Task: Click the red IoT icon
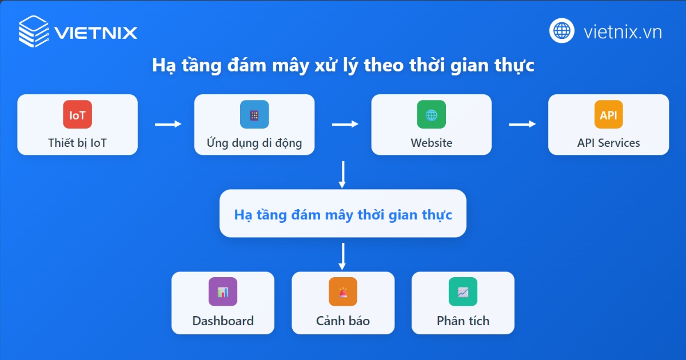(77, 114)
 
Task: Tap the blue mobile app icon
(254, 114)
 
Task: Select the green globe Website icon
(431, 114)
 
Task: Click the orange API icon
(608, 114)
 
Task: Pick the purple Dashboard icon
(223, 291)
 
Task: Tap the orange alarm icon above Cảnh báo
(343, 291)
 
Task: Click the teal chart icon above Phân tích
(463, 291)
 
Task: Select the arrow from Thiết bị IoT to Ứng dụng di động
(167, 124)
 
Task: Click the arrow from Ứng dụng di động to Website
(345, 124)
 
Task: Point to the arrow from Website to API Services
(522, 124)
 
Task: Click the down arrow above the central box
(342, 174)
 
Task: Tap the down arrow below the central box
(342, 256)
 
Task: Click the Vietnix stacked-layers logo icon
(34, 31)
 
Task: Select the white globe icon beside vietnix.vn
(562, 31)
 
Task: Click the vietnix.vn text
(623, 31)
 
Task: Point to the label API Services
(608, 143)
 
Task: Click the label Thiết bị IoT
(77, 143)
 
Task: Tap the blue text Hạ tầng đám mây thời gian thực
(343, 215)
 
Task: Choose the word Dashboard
(223, 321)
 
